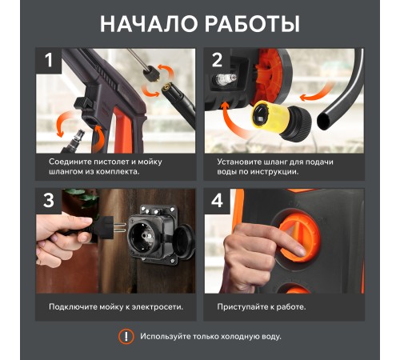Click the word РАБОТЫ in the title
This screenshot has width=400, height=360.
coord(251,23)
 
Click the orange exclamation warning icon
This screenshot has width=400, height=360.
coord(126,336)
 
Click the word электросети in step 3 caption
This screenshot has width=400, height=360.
coord(156,306)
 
